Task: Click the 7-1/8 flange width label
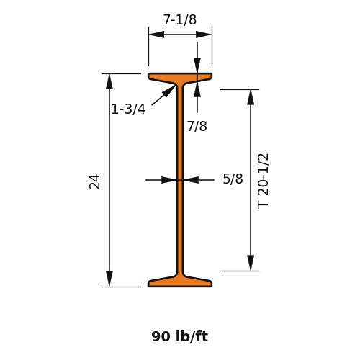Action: point(180,19)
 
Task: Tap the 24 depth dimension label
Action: point(94,182)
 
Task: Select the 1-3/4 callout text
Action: point(129,109)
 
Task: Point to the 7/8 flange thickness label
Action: point(197,126)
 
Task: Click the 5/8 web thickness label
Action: point(233,179)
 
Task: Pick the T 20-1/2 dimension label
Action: point(263,181)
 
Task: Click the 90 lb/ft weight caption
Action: point(180,336)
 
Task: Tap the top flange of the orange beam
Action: point(180,77)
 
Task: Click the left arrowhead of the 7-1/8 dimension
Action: point(156,35)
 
